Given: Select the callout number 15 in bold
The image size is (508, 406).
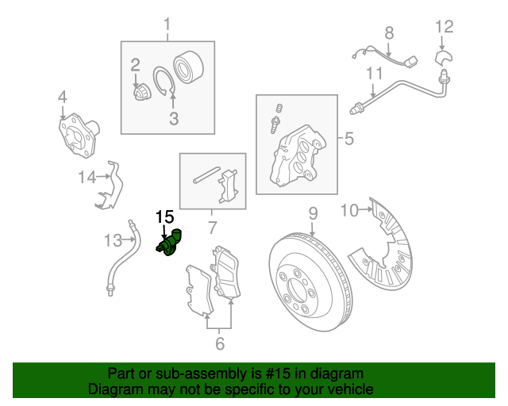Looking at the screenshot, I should [x=164, y=216].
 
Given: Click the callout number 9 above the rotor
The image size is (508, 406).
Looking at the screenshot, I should [x=313, y=213].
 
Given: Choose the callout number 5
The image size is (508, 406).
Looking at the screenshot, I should [x=348, y=140].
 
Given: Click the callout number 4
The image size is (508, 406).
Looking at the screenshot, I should [x=62, y=98].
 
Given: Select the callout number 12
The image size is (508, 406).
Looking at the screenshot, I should [x=444, y=27].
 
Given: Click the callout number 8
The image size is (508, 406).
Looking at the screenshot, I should [x=389, y=33].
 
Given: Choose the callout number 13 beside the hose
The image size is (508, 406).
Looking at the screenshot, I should [x=114, y=239].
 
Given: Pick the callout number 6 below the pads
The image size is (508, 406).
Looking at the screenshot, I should [x=219, y=343].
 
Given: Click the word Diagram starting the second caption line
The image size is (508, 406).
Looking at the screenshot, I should [x=114, y=390].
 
